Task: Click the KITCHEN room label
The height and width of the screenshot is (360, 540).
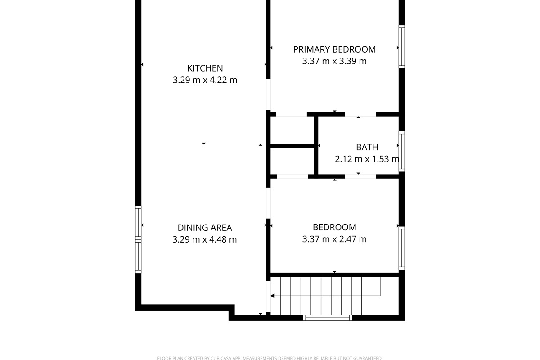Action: pos(205,68)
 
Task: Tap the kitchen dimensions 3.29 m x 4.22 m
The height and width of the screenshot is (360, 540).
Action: pos(205,80)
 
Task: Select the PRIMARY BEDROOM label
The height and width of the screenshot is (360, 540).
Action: pos(334,49)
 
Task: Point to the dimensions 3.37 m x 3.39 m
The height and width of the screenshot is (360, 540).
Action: pos(334,61)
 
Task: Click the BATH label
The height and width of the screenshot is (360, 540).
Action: pos(367,147)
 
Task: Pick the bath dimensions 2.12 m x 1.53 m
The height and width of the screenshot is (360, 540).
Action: pos(367,159)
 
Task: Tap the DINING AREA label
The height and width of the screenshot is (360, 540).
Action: pos(205,228)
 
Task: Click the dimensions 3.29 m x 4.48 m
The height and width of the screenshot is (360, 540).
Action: pos(205,239)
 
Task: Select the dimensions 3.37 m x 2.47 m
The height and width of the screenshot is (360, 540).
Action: pos(334,239)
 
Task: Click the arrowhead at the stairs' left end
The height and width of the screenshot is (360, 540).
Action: pos(273,296)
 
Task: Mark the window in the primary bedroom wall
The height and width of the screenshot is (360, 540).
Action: pos(401,47)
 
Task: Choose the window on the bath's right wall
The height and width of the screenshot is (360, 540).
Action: pos(401,152)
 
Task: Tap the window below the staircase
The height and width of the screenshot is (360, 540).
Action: pos(328,318)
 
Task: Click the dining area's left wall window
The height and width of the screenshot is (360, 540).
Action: pos(138,239)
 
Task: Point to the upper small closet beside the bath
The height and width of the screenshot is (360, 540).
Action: pos(292,130)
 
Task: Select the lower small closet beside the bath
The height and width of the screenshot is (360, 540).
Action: pos(292,161)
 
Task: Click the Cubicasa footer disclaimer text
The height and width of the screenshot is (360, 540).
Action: pos(270,358)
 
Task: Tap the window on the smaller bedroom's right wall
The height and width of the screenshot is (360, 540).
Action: pos(401,248)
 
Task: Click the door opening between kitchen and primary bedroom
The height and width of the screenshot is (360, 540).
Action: pos(268,94)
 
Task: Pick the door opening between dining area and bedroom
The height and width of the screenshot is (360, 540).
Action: pos(268,203)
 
